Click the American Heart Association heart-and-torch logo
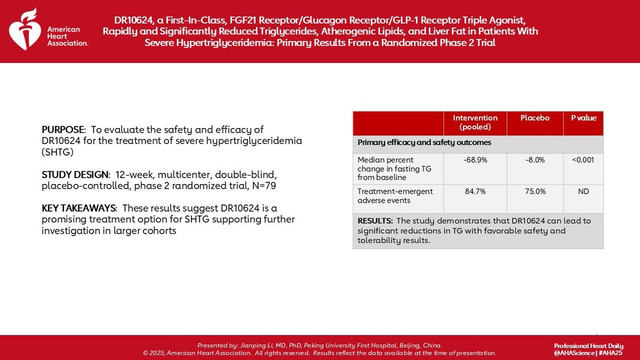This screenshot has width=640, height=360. click(x=25, y=29)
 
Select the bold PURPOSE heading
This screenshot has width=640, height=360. click(x=63, y=130)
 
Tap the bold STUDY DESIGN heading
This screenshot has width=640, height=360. click(x=75, y=174)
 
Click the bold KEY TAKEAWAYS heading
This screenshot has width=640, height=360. click(x=78, y=208)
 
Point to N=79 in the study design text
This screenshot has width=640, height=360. click(x=264, y=186)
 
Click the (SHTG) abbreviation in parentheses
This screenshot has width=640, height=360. click(x=58, y=152)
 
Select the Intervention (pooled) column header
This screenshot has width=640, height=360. click(x=475, y=122)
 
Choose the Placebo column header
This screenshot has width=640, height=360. click(x=535, y=118)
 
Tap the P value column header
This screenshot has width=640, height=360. click(x=583, y=118)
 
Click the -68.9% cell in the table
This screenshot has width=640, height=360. click(x=475, y=159)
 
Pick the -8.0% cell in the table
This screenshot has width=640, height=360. click(x=535, y=159)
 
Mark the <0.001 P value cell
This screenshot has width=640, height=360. click(x=583, y=159)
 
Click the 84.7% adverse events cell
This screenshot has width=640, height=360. click(x=475, y=191)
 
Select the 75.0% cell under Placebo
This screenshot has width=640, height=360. click(x=535, y=191)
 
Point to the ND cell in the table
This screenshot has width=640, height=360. click(x=583, y=191)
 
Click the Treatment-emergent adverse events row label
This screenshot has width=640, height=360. click(x=395, y=196)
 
